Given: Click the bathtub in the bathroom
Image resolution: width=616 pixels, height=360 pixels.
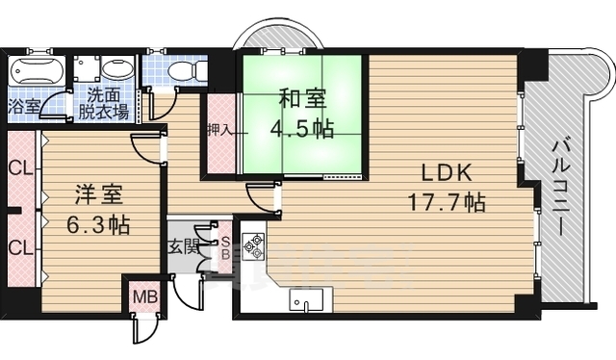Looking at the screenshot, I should pyautogui.click(x=38, y=70).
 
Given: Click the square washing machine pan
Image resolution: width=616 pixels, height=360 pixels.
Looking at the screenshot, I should pyautogui.click(x=88, y=69).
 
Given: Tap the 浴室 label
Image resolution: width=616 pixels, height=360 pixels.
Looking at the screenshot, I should pyautogui.click(x=25, y=105).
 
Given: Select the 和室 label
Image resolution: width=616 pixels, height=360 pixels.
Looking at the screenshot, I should pyautogui.click(x=302, y=98).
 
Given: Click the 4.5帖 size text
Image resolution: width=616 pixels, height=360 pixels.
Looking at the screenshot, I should pyautogui.click(x=302, y=128).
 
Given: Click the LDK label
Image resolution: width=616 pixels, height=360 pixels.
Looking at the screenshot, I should pyautogui.click(x=445, y=173).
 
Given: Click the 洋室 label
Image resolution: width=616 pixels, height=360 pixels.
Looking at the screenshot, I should pyautogui.click(x=96, y=195).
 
